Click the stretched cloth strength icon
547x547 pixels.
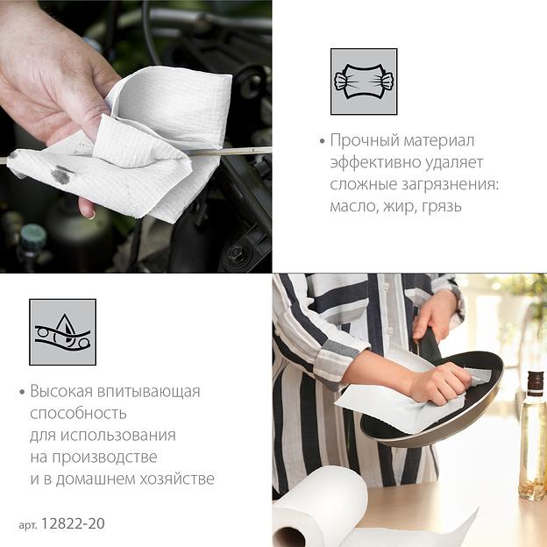(364, 82)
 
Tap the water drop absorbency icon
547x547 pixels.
(63, 332)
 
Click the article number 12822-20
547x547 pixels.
(73, 523)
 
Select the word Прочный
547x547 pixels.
(365, 140)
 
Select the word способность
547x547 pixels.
(78, 414)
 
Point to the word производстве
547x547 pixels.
(104, 458)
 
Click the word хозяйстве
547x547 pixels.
(177, 479)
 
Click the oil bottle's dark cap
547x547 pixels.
(534, 383)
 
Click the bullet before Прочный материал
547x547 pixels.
(322, 141)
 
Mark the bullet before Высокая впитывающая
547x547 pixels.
(22, 392)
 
